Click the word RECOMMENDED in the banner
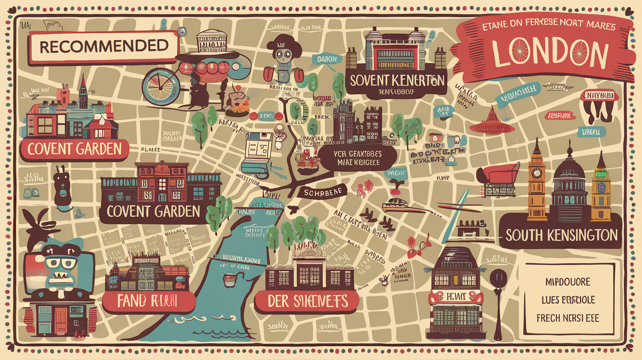[103, 47]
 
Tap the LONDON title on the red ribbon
[550, 53]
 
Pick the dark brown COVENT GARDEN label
[153, 211]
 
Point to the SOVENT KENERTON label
[396, 80]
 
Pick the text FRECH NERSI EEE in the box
[568, 318]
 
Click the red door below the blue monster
[61, 320]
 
